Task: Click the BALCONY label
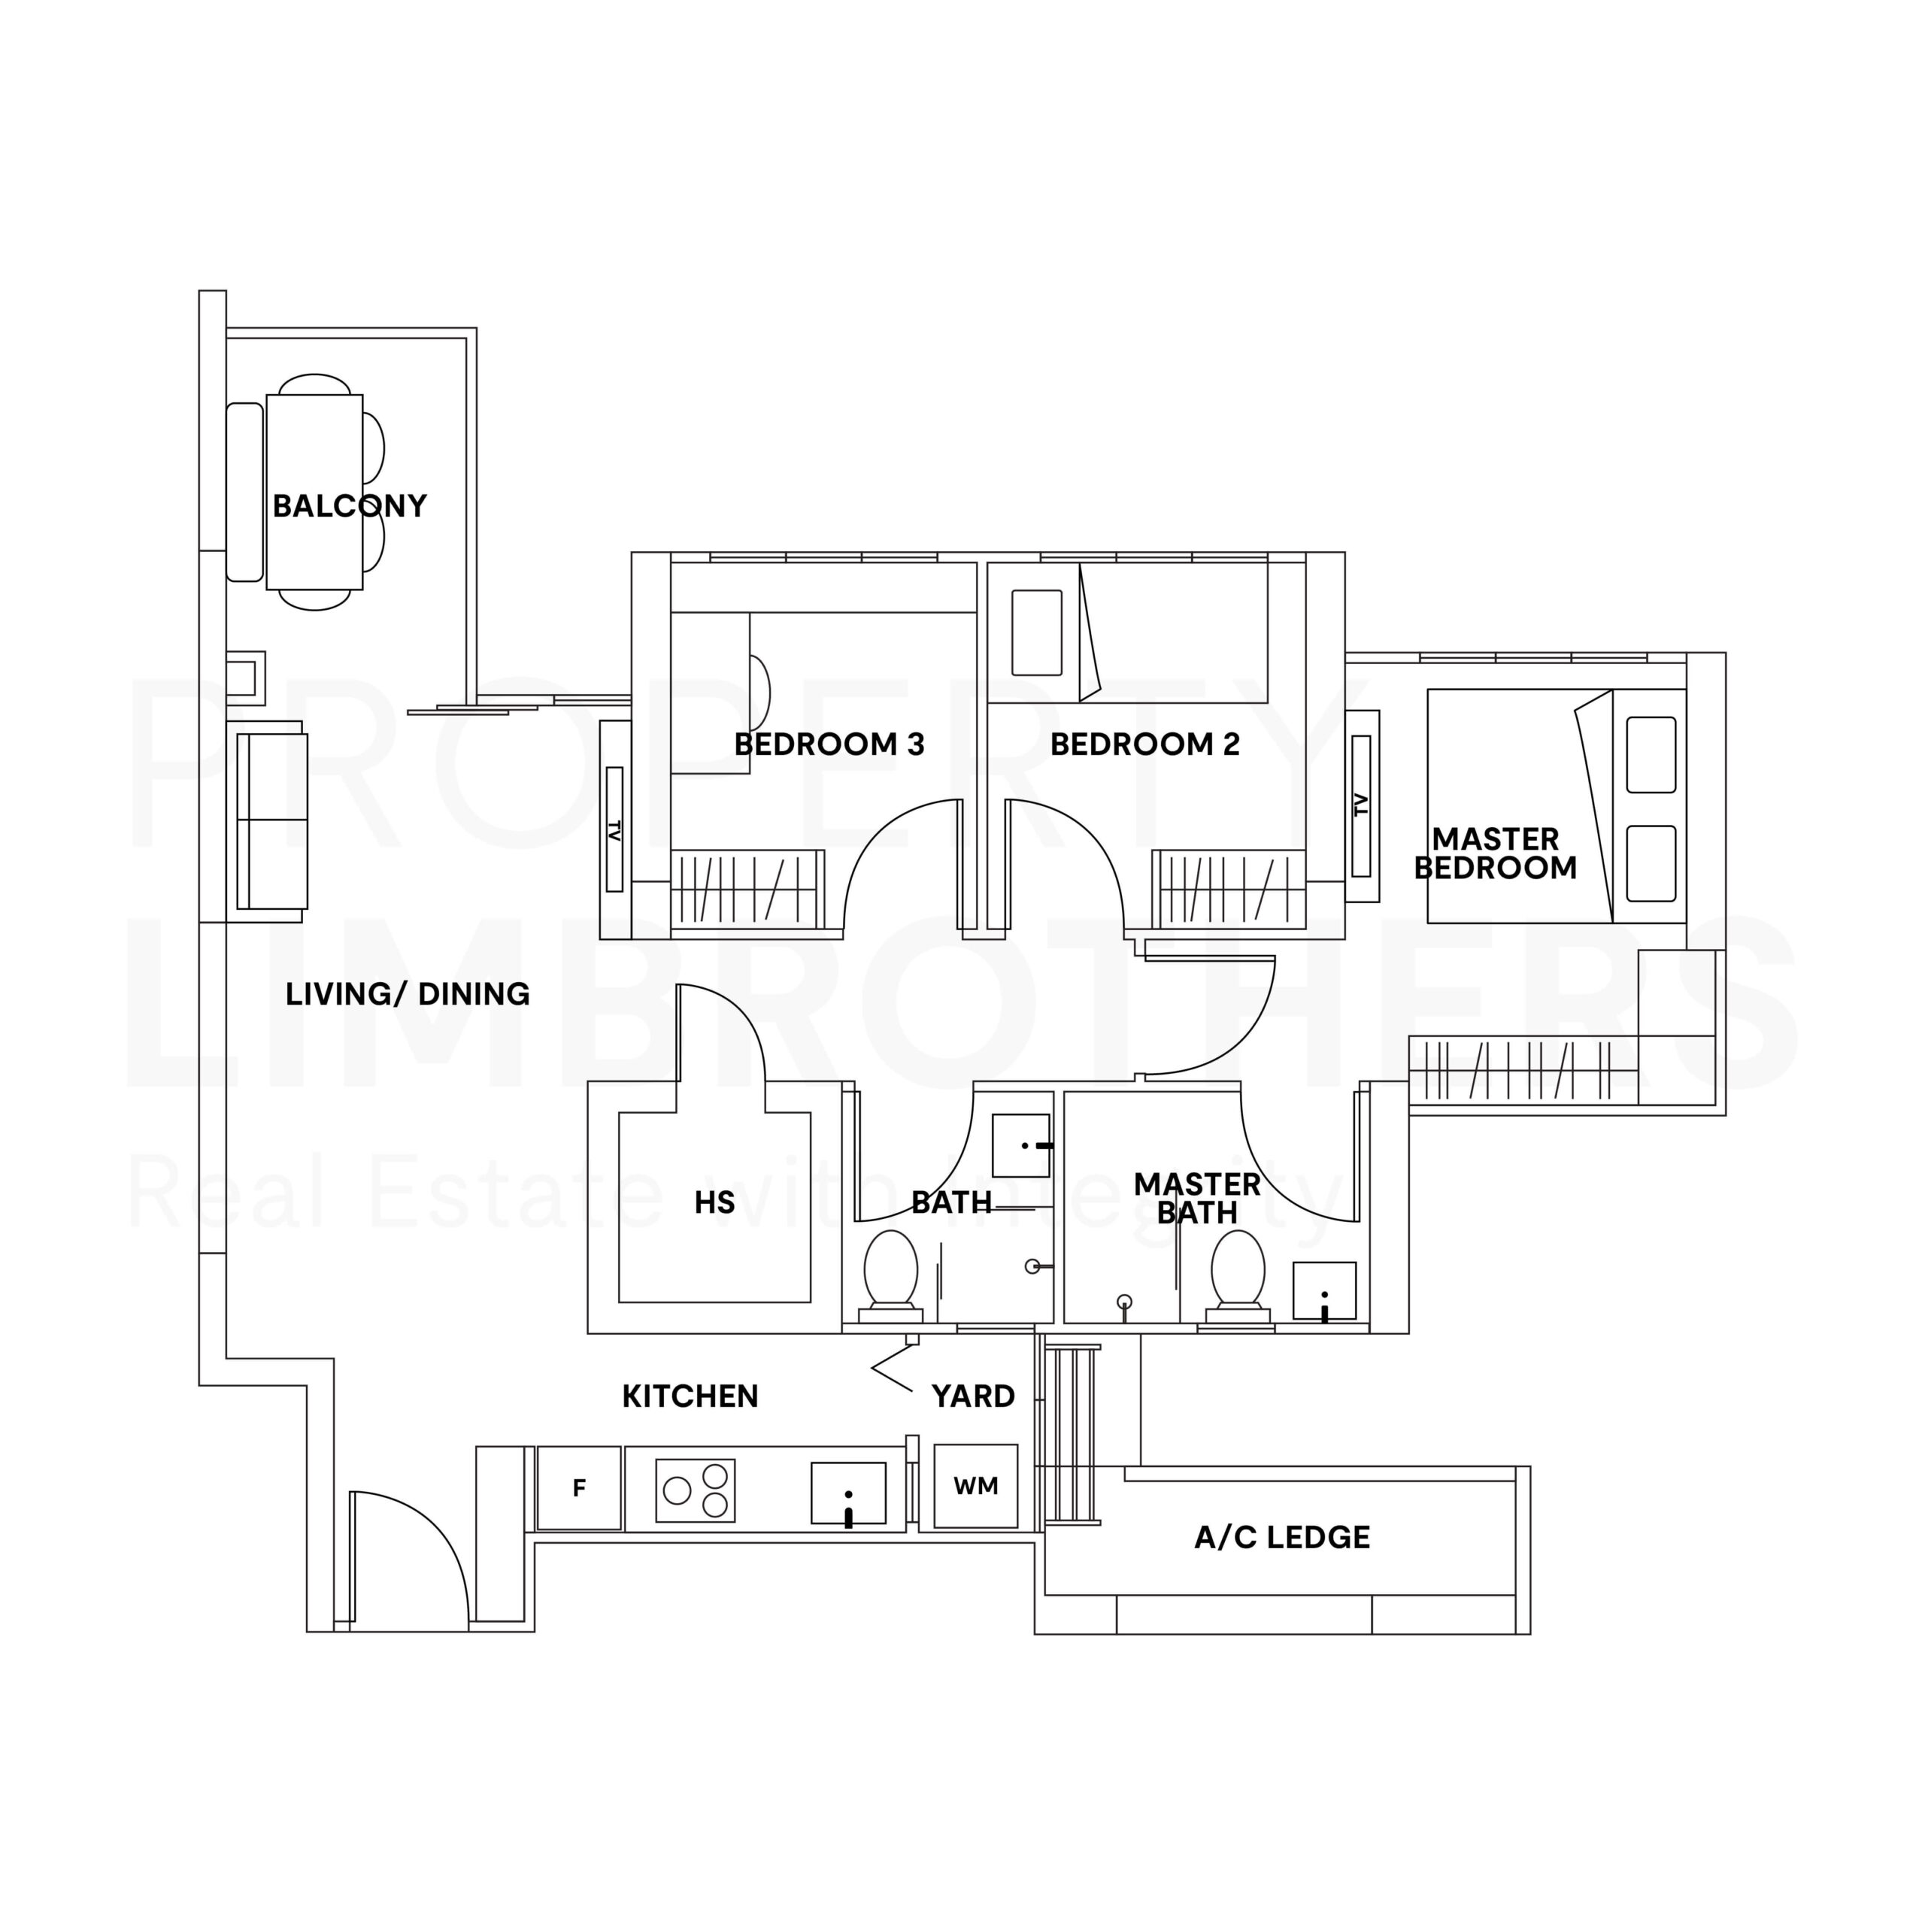coord(350,506)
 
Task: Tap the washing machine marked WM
coord(975,1486)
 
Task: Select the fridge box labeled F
coord(579,1489)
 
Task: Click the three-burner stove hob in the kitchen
coord(696,1490)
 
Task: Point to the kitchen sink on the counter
coord(848,1493)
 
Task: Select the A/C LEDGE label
coord(1282,1538)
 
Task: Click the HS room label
coord(714,1202)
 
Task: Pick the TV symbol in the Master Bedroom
coord(1362,807)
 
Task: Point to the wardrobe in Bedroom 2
coord(1229,888)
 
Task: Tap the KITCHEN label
coord(690,1396)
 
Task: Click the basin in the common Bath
coord(1021,1146)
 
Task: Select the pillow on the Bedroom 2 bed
coord(1036,632)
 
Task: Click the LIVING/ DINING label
coord(408,993)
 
